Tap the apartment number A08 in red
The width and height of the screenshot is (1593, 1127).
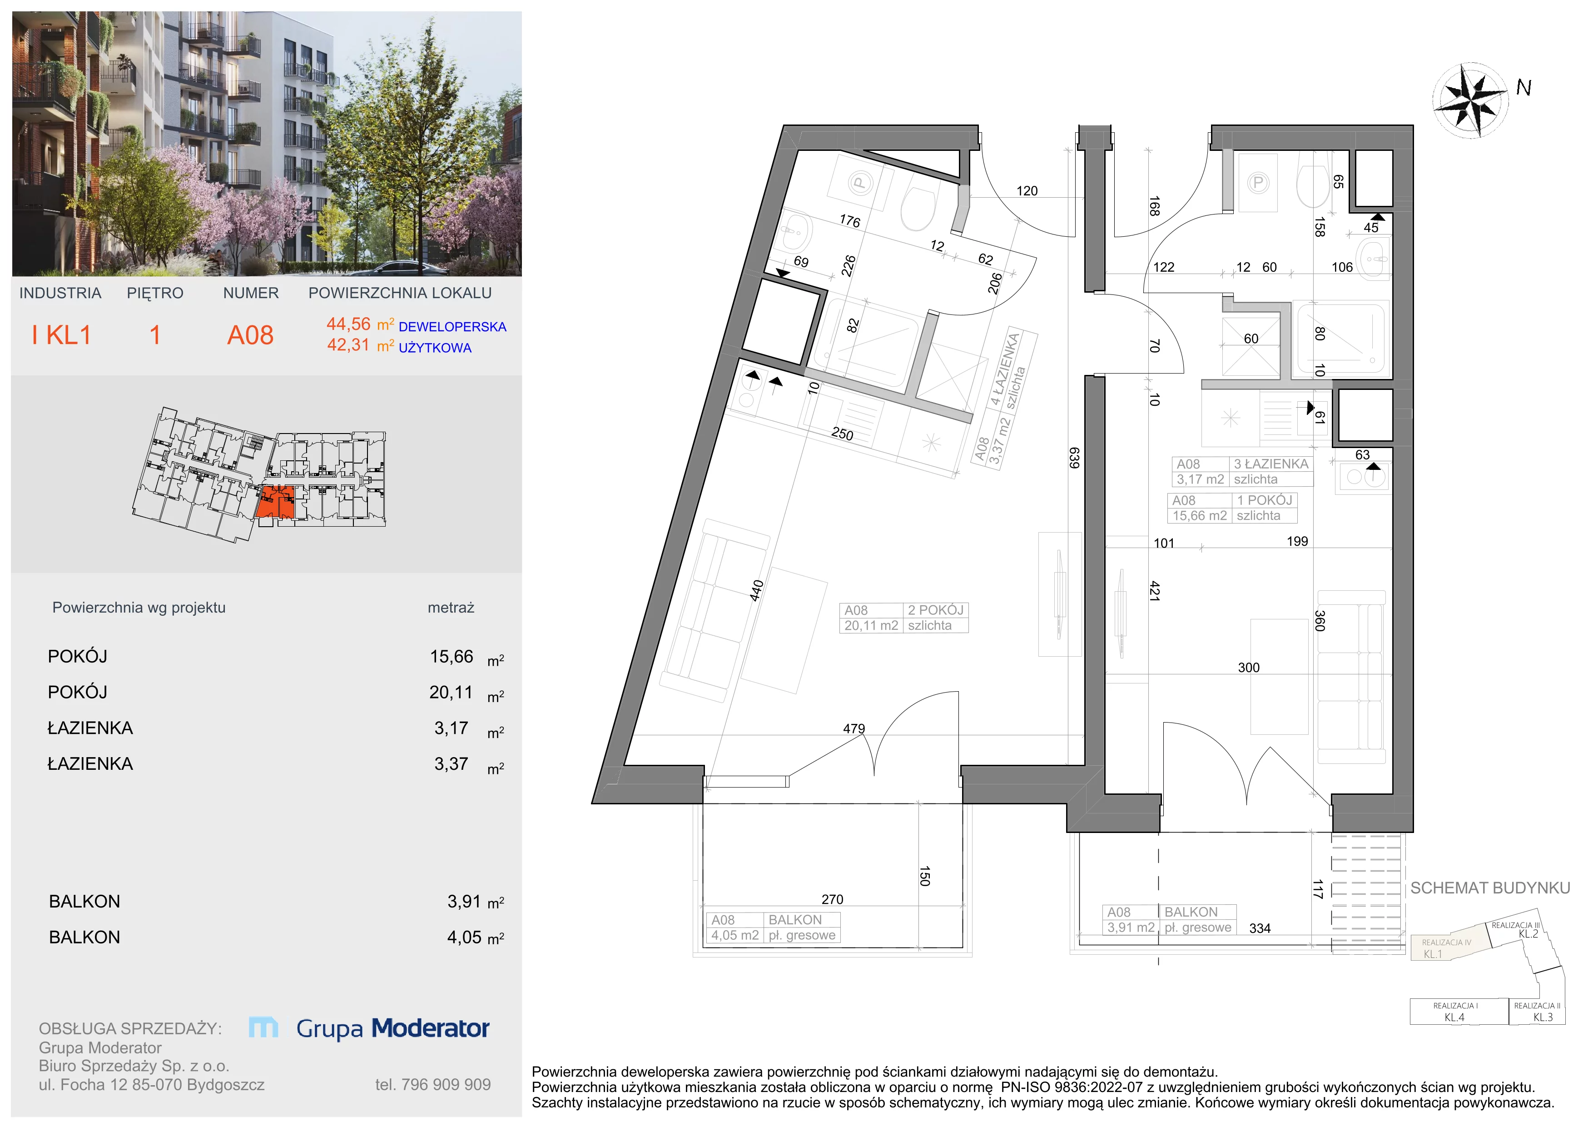[250, 336]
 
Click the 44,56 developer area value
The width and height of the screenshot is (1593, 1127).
[348, 324]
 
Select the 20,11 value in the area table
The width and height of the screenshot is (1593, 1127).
[451, 692]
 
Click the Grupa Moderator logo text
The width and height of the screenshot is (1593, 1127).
[393, 1028]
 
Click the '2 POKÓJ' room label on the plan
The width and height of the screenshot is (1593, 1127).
[935, 610]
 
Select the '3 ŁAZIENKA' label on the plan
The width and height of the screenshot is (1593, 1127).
[1271, 464]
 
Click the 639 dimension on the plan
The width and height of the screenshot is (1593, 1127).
[1074, 458]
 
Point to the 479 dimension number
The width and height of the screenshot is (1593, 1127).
[854, 728]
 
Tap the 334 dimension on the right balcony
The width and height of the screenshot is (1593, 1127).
[1260, 928]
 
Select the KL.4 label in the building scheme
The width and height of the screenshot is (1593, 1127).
[1454, 1017]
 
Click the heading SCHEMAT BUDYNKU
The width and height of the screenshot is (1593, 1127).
[1490, 888]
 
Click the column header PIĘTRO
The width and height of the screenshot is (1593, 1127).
[155, 294]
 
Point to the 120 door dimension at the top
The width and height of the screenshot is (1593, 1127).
[1027, 191]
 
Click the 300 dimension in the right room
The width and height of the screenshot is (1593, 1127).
[1249, 668]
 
